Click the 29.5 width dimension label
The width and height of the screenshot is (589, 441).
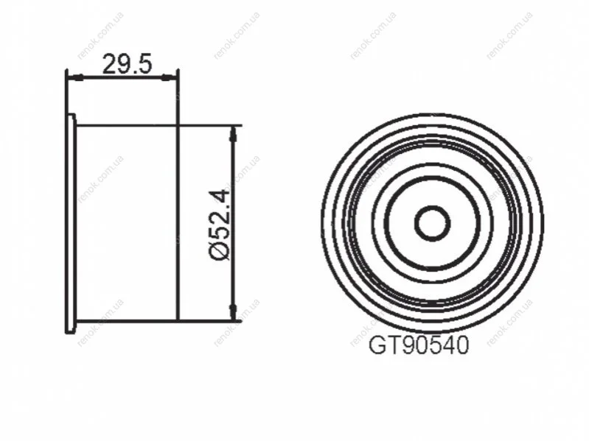tap(128, 64)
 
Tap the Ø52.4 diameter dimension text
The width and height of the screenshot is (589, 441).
tap(220, 225)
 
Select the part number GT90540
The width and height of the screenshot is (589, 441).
tap(419, 345)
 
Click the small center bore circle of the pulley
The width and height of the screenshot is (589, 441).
tap(433, 223)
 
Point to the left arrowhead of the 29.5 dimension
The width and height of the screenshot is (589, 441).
tap(75, 77)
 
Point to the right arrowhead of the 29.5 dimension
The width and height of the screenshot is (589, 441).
tap(169, 77)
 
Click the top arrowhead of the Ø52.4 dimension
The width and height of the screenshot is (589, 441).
tap(234, 134)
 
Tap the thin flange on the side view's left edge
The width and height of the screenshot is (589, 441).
tap(71, 224)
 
